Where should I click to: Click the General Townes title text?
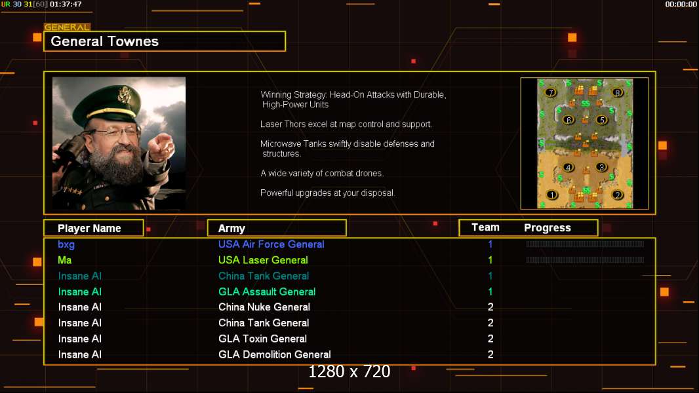(x=105, y=41)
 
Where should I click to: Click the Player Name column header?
(x=89, y=229)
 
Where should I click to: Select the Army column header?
(x=231, y=229)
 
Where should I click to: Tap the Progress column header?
(x=548, y=228)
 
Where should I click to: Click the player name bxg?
(x=66, y=244)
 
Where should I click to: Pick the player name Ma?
(x=64, y=260)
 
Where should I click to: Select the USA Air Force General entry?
(x=271, y=244)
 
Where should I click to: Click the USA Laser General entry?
(x=263, y=260)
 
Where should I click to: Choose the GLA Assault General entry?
(x=267, y=291)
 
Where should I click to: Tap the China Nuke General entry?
(x=264, y=307)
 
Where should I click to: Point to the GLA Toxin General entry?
(x=262, y=339)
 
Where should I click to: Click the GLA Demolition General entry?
(x=274, y=354)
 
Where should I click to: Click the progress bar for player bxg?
(x=585, y=244)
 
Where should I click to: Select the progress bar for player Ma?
(x=585, y=260)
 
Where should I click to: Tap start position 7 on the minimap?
(x=551, y=93)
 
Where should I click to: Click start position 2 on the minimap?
(x=617, y=195)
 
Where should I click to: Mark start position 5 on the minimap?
(x=601, y=120)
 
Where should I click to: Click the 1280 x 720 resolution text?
(x=349, y=372)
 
